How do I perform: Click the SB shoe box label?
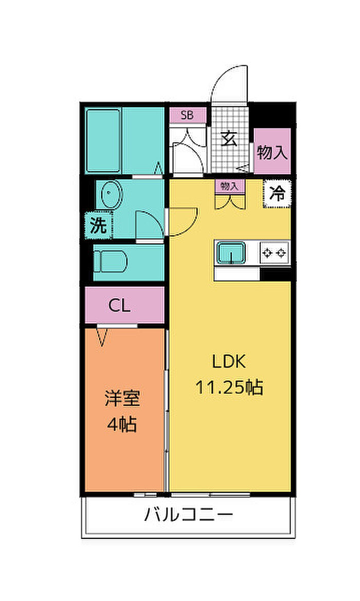(187, 115)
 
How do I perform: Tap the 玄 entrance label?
(229, 138)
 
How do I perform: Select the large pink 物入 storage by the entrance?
(272, 151)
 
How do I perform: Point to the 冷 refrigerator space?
(277, 193)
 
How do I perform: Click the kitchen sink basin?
(231, 253)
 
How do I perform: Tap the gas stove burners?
(274, 253)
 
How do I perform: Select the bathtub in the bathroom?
(103, 140)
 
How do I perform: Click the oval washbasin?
(111, 194)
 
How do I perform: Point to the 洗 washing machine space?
(98, 225)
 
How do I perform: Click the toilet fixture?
(110, 262)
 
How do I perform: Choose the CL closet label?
(120, 305)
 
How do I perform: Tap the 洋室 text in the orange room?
(123, 398)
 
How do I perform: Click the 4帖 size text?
(122, 424)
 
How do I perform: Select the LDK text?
(229, 361)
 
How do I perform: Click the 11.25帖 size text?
(229, 387)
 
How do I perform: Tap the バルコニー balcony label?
(188, 515)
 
